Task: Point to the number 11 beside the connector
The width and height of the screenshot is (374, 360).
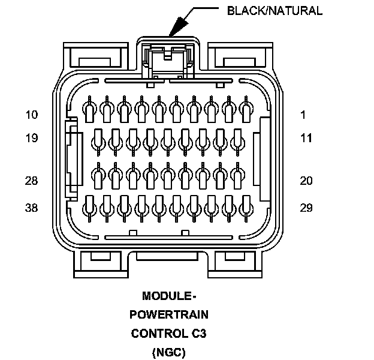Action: (306, 139)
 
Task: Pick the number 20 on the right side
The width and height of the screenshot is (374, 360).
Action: (306, 181)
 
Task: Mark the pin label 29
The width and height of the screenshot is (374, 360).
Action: (306, 208)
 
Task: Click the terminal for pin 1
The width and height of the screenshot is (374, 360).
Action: (246, 110)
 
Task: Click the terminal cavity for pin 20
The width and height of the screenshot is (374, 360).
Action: (237, 175)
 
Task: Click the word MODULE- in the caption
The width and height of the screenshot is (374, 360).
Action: (169, 296)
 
